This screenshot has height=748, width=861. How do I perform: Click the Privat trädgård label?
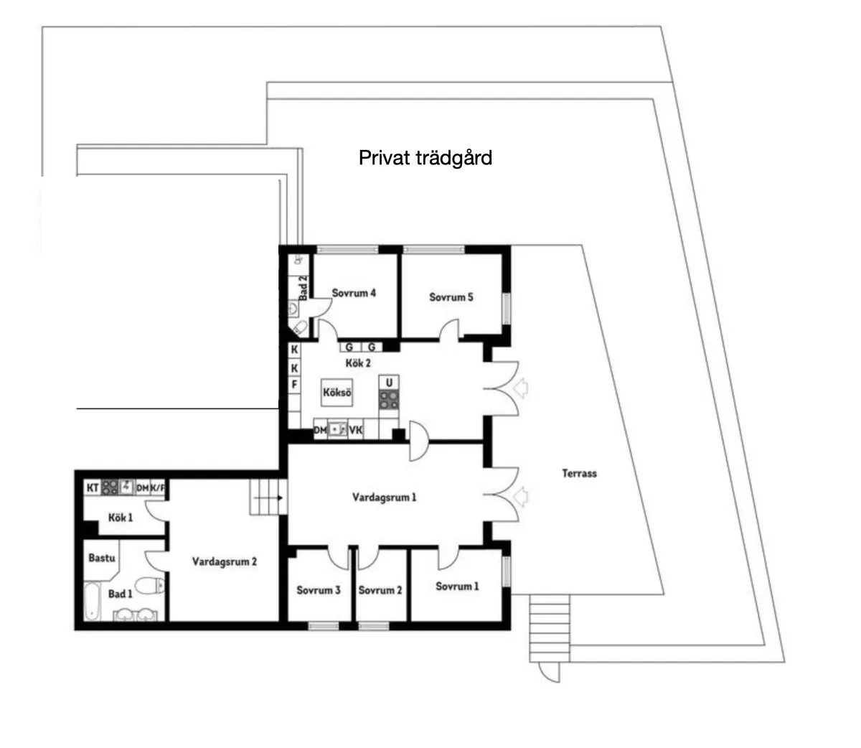425,158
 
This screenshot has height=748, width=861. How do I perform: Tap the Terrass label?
579,474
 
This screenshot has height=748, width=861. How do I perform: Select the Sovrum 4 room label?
354,293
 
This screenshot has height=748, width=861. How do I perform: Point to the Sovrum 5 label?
451,297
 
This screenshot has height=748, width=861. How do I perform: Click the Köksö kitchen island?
337,393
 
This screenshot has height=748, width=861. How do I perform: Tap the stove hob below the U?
388,399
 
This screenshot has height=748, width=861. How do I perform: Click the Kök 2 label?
358,363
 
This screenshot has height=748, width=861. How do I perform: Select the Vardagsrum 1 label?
384,497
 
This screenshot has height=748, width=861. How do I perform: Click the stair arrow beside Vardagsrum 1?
268,498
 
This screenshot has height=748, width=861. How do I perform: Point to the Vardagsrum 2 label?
225,561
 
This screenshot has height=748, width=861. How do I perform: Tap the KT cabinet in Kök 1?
93,488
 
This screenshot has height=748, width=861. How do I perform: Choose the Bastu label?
101,558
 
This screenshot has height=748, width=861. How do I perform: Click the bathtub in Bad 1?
92,601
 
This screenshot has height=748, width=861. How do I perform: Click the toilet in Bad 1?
150,585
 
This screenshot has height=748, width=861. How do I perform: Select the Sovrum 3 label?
318,590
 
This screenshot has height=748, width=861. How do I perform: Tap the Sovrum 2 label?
380,590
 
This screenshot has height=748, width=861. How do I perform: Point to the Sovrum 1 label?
457,586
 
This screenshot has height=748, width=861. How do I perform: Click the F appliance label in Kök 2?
295,384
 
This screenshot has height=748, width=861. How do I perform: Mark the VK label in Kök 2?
356,430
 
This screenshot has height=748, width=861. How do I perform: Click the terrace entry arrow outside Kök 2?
521,388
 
